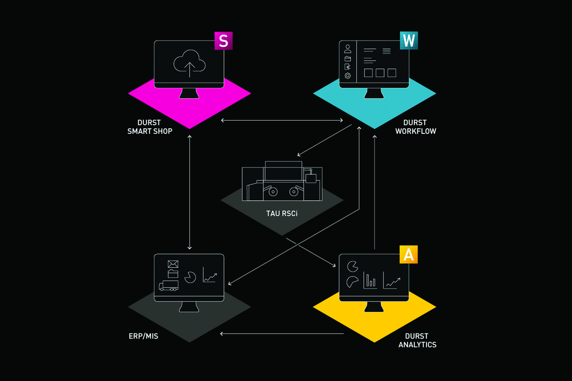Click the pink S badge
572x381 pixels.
[x=223, y=41]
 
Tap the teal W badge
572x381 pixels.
[x=409, y=40]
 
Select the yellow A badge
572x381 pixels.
[x=408, y=254]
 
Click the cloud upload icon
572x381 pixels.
[x=189, y=63]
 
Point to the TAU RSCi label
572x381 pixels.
[x=282, y=214]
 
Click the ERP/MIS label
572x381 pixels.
[x=143, y=336]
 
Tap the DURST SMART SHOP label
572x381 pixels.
[x=150, y=127]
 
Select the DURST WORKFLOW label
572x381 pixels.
[x=416, y=127]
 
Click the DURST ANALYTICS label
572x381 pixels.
[x=417, y=340]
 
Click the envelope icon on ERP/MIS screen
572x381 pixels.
[x=173, y=264]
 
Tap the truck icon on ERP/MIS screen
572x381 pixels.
[x=169, y=286]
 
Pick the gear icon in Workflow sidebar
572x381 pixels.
[x=347, y=76]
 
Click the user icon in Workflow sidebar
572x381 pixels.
[x=347, y=49]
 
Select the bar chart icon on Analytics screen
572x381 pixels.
[x=370, y=280]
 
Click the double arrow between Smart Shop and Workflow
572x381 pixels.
[x=282, y=120]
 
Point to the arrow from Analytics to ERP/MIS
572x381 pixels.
[x=282, y=334]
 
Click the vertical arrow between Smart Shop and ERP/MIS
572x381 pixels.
[x=189, y=192]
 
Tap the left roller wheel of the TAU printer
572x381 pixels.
[x=273, y=192]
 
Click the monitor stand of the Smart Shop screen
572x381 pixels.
[x=189, y=93]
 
